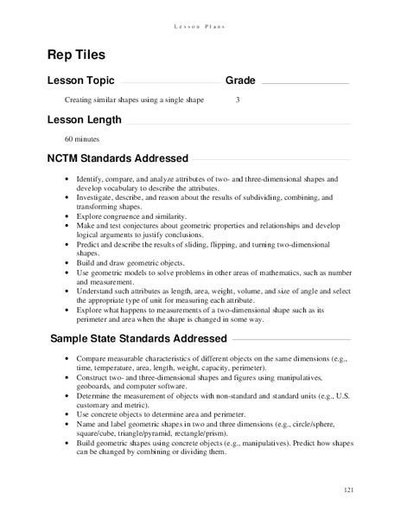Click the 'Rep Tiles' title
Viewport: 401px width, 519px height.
tap(76, 54)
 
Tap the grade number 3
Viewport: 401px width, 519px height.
tap(237, 100)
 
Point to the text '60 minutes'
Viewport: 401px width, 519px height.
tap(82, 138)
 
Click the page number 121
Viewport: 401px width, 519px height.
tap(348, 490)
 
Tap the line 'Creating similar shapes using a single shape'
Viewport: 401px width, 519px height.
tap(134, 100)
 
